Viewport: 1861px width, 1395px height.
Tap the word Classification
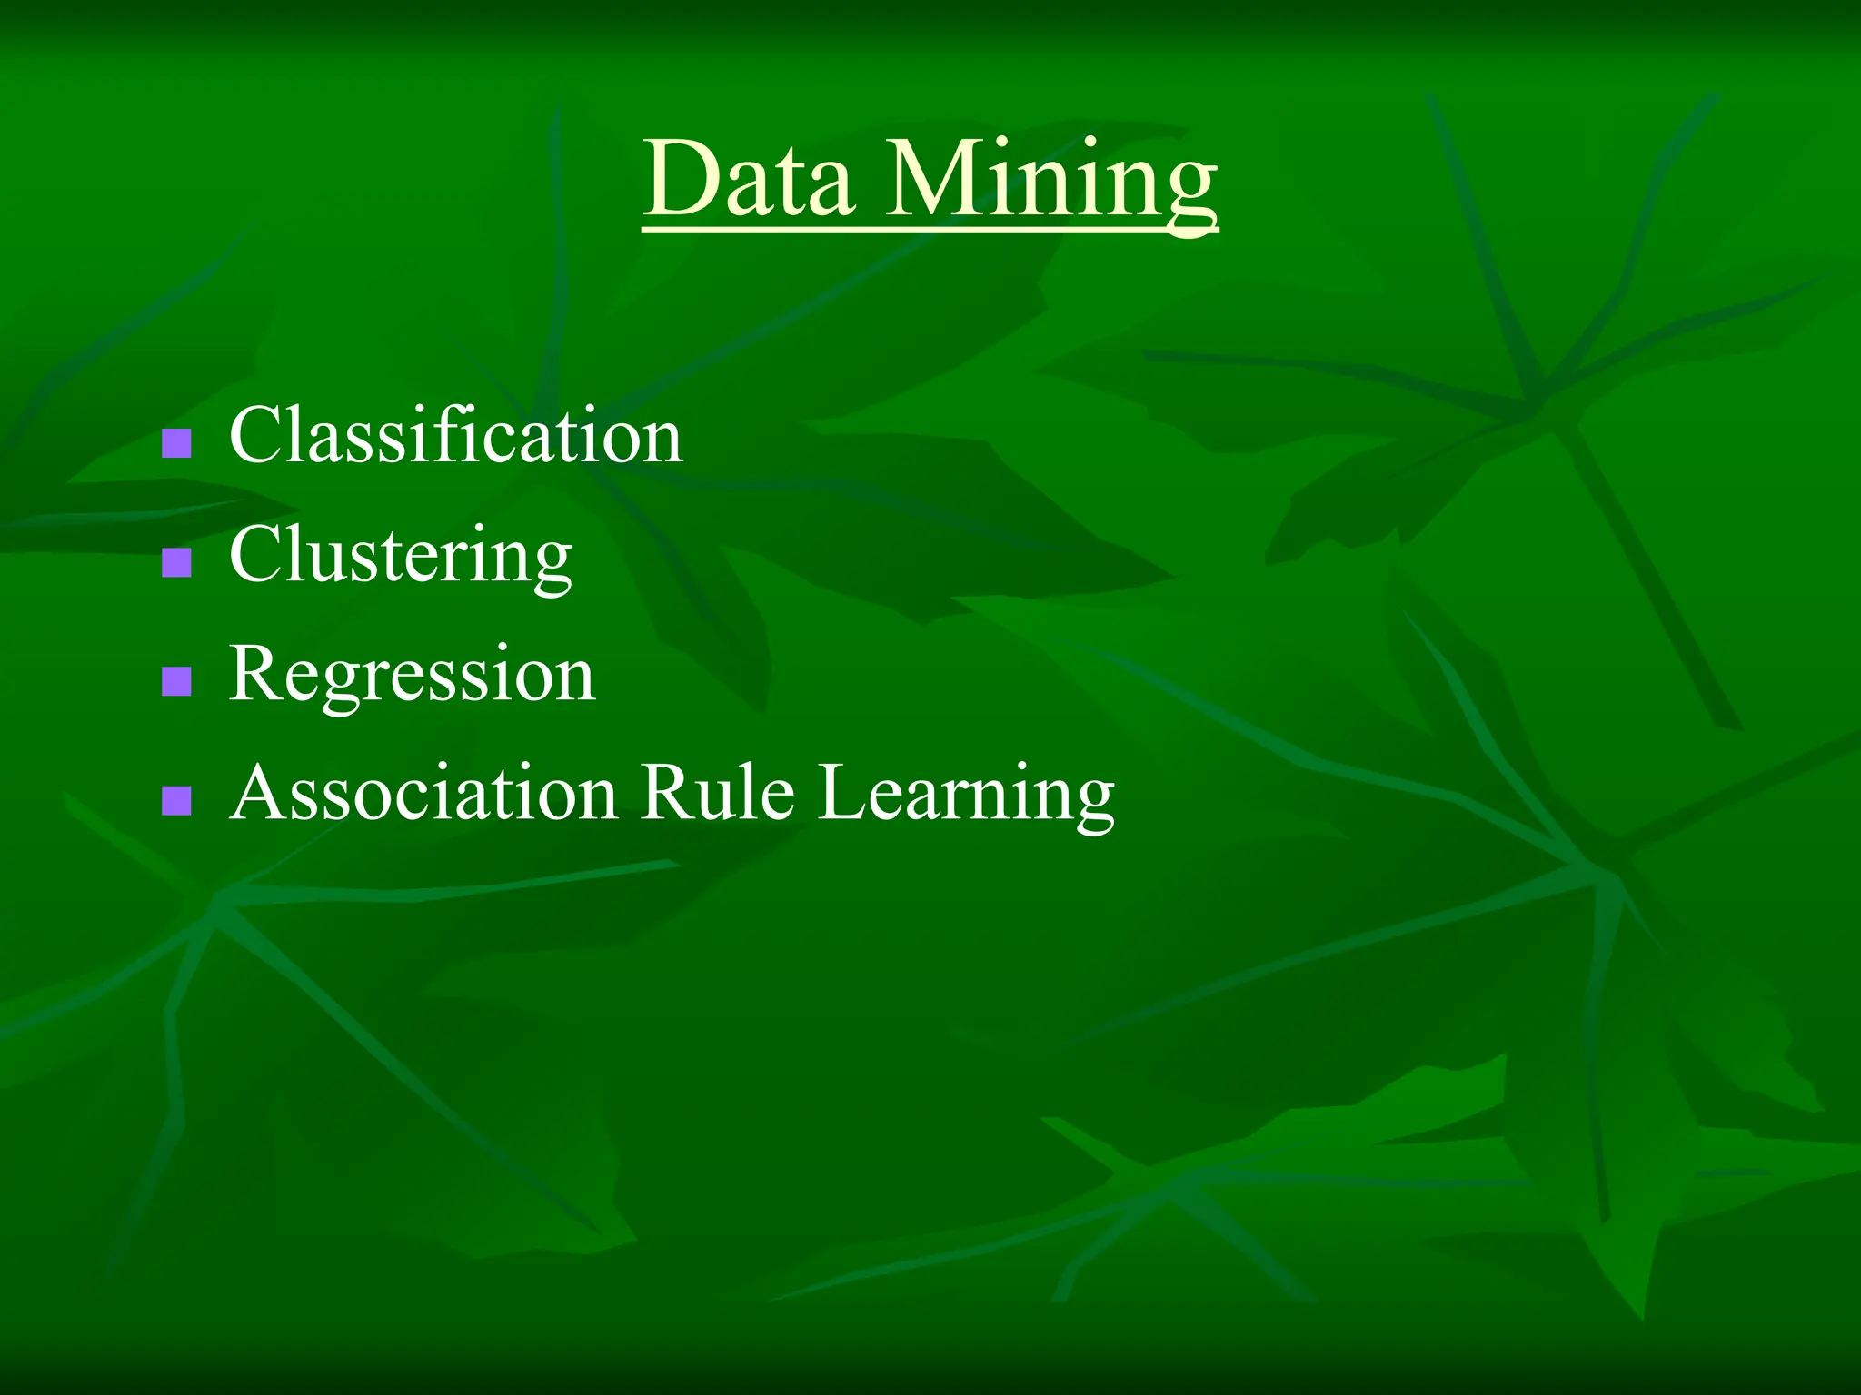click(455, 436)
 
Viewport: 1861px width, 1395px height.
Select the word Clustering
click(400, 556)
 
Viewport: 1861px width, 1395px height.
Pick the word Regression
click(412, 675)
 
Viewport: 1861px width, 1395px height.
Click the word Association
click(423, 793)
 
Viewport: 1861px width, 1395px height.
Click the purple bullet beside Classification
click(176, 443)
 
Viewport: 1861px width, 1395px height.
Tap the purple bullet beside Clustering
click(176, 562)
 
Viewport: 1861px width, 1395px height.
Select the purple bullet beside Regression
click(176, 681)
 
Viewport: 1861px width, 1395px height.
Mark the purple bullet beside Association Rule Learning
click(176, 800)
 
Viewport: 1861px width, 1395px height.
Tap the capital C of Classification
click(256, 436)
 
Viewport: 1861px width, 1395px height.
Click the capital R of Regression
click(258, 674)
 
